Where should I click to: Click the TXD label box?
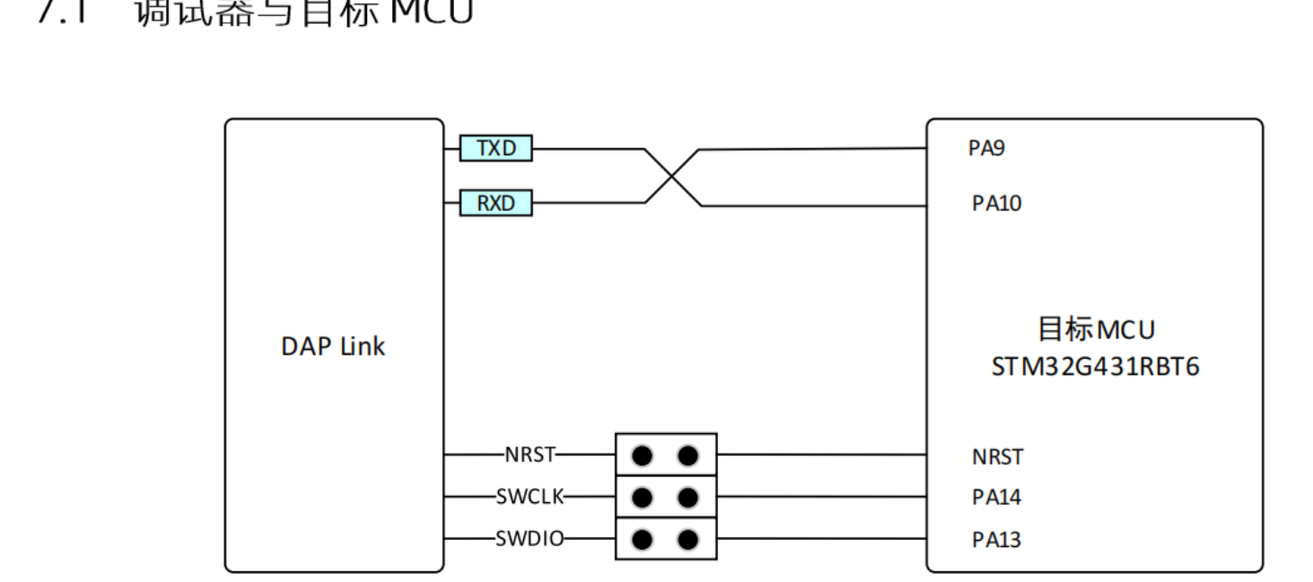(495, 148)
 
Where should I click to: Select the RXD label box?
(495, 204)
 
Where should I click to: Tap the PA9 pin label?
(986, 149)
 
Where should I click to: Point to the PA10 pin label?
(996, 204)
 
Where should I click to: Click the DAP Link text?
(333, 347)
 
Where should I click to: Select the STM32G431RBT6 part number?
(1095, 367)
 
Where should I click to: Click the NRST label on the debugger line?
(530, 455)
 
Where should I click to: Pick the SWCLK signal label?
(530, 496)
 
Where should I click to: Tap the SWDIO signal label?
(530, 539)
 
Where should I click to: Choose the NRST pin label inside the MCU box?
(996, 456)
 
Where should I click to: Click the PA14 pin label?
(996, 497)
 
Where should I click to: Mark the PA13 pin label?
(996, 540)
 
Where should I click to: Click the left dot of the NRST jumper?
(642, 456)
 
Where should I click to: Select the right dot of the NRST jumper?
(688, 456)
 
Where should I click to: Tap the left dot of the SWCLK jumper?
(642, 497)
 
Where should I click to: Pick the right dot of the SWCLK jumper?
(688, 497)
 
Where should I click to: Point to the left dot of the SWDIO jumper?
(642, 540)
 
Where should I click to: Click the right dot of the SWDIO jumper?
(688, 540)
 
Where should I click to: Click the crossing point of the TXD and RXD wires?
(673, 177)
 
